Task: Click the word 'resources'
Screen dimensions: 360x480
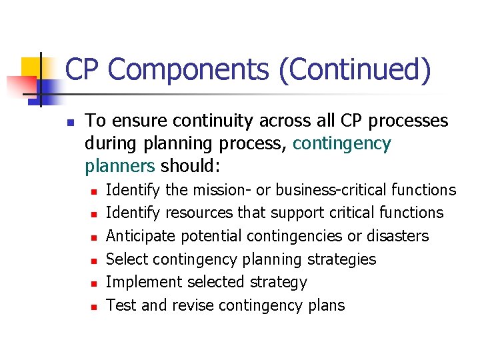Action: point(197,213)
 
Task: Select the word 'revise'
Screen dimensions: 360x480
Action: point(191,305)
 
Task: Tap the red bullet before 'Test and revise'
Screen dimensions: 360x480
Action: point(94,307)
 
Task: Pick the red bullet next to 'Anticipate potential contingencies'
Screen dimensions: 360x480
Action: point(94,237)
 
